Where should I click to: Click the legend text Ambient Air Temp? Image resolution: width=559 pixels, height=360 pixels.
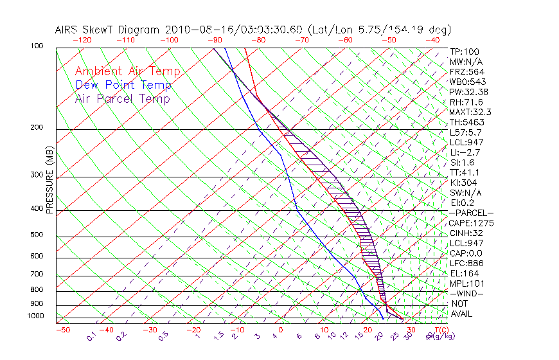pos(127,71)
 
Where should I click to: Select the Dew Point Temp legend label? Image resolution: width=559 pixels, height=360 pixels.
pos(123,85)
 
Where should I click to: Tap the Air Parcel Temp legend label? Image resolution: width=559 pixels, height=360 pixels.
pos(122,98)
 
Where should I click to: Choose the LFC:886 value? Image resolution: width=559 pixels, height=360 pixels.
pos(467,264)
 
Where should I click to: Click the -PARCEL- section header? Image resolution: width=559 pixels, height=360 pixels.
pos(471,213)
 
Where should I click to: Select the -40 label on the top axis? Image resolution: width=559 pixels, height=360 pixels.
pos(433,40)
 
